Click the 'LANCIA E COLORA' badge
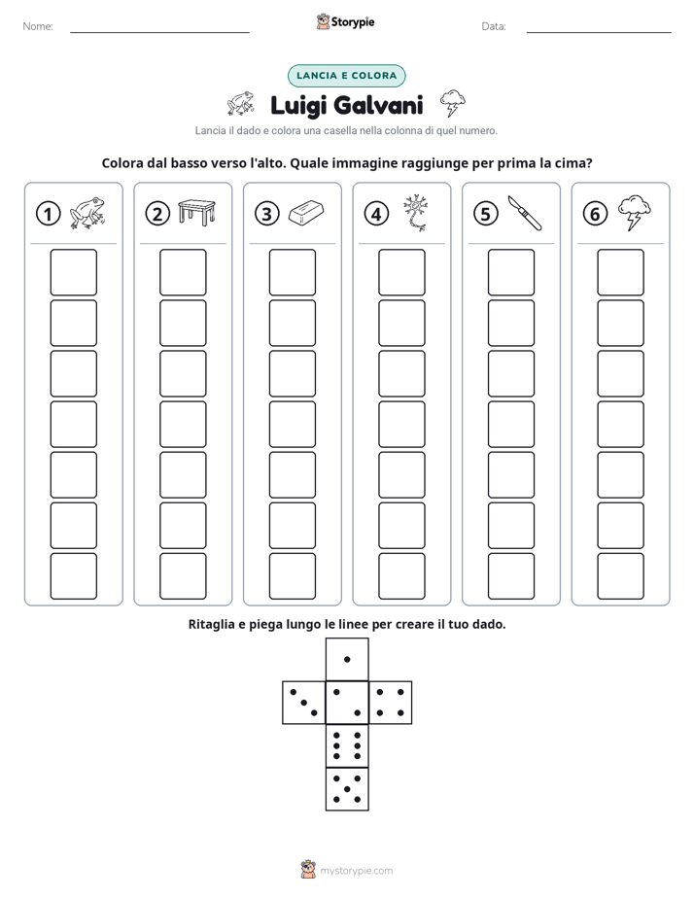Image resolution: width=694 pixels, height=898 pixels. click(346, 76)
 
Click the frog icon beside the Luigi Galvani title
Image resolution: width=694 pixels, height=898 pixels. click(240, 103)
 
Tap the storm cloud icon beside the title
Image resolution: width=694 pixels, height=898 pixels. click(452, 103)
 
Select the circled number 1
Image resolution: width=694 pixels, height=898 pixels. click(48, 214)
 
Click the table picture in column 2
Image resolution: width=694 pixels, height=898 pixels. click(196, 211)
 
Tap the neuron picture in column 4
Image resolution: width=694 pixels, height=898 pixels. click(416, 213)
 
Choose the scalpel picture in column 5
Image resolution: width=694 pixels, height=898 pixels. click(525, 213)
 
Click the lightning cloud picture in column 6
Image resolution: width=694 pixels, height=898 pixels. click(635, 213)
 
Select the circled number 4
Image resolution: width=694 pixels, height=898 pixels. click(376, 214)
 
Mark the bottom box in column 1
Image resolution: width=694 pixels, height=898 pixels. click(73, 576)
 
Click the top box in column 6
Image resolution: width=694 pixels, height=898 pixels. click(621, 272)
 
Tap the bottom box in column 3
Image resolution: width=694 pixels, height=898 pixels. click(292, 576)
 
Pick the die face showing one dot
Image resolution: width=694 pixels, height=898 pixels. click(347, 660)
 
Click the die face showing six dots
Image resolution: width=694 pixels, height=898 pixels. click(347, 745)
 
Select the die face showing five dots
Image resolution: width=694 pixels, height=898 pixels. click(347, 789)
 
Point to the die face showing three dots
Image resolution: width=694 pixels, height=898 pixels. click(304, 703)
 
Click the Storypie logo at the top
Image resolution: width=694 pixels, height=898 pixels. click(346, 22)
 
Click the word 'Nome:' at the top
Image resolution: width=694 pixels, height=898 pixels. click(38, 26)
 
